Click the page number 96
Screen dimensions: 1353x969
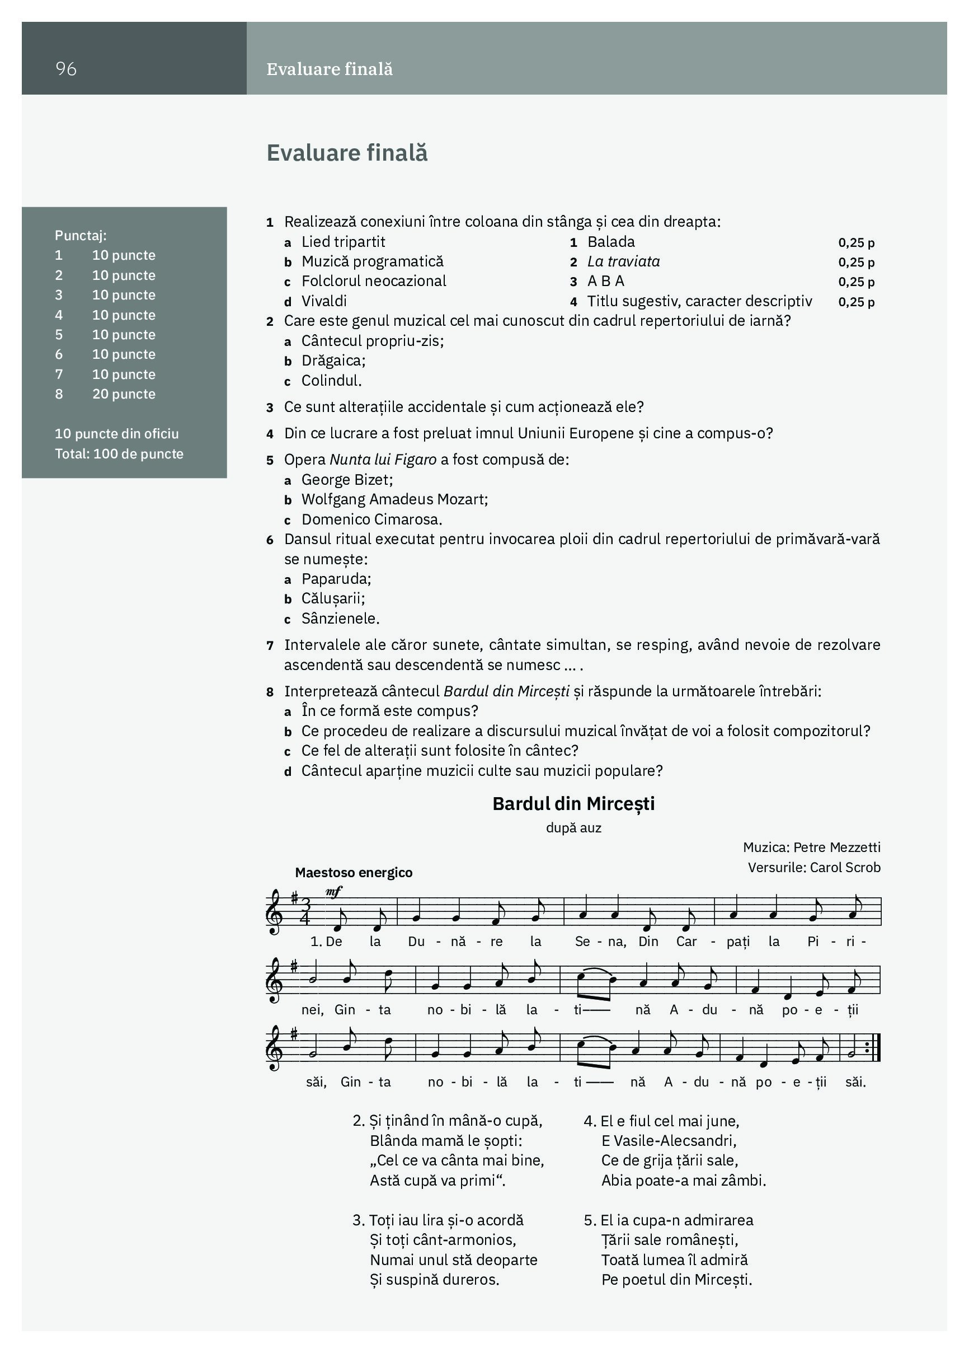[66, 69]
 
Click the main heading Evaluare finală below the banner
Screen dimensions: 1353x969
[347, 153]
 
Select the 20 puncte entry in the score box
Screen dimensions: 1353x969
[124, 394]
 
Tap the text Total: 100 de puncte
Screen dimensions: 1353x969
[119, 453]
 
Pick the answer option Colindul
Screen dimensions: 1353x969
[332, 381]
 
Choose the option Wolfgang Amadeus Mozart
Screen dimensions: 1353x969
[394, 499]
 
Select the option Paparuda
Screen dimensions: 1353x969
[336, 579]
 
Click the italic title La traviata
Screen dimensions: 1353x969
[623, 261]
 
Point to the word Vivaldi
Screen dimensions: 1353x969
[324, 301]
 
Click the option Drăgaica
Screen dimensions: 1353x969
[333, 361]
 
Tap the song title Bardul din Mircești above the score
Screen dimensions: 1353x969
[573, 803]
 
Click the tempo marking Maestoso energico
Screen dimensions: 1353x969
[354, 872]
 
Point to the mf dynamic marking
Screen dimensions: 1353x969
[334, 891]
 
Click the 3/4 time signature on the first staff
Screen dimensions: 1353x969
[305, 911]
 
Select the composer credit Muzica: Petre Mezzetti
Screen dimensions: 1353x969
[811, 847]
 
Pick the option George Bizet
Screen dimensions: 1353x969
[347, 480]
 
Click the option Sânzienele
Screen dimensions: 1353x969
[341, 619]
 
